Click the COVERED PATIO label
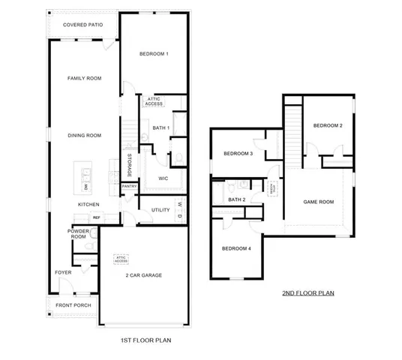(83, 25)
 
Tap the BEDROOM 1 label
(154, 54)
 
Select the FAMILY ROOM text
(84, 78)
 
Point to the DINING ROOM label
(84, 135)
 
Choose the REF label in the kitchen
(96, 217)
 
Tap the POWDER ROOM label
(79, 235)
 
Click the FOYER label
(63, 272)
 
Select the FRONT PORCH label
(72, 305)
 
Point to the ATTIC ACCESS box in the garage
(121, 259)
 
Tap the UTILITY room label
(160, 210)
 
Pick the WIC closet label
(162, 178)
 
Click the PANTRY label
(129, 187)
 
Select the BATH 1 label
(161, 128)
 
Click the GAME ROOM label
(317, 202)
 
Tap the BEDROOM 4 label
(235, 248)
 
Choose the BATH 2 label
(237, 199)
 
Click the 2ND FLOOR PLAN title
(307, 293)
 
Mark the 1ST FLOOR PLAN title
(146, 340)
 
